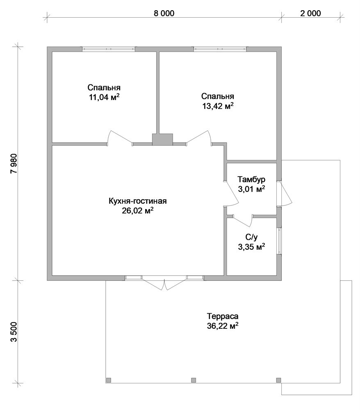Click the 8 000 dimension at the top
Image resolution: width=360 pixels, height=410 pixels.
164,13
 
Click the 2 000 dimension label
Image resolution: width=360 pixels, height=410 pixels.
310,13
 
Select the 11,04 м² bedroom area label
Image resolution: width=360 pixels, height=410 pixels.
104,97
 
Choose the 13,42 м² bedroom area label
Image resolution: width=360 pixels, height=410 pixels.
218,106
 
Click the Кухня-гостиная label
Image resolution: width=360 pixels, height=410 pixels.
137,201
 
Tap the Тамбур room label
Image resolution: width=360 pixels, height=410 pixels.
251,180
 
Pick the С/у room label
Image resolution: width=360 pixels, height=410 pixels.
251,237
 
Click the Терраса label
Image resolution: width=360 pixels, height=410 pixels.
223,316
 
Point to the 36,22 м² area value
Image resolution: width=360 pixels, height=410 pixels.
223,326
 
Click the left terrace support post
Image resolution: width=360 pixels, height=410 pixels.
109,380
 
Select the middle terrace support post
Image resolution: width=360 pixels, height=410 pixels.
194,380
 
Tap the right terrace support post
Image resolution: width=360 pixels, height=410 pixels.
279,380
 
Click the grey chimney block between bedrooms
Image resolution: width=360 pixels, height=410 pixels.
163,139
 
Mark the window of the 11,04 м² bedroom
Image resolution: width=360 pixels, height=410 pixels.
109,49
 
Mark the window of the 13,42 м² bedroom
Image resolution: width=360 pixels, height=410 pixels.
220,49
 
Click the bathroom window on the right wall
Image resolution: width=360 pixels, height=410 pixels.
279,241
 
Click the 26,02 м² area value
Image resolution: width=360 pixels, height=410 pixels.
137,211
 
